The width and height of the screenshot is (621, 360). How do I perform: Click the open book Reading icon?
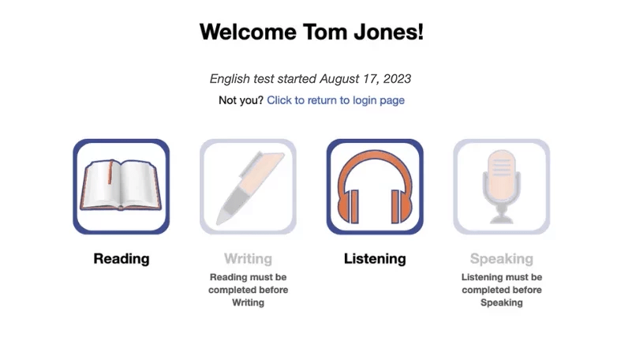pyautogui.click(x=122, y=186)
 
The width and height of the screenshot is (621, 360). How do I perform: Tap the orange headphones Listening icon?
pyautogui.click(x=375, y=186)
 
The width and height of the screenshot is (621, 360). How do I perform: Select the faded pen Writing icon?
pyautogui.click(x=248, y=186)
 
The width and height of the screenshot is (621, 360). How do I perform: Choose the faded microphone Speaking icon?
pyautogui.click(x=501, y=186)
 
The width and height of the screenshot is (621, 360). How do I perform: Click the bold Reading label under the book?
pyautogui.click(x=122, y=259)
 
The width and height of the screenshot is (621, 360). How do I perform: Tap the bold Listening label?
pyautogui.click(x=375, y=259)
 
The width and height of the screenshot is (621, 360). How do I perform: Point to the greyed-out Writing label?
pyautogui.click(x=248, y=259)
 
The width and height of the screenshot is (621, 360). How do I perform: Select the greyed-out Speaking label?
pyautogui.click(x=501, y=259)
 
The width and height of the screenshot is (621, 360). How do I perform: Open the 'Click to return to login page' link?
pyautogui.click(x=335, y=100)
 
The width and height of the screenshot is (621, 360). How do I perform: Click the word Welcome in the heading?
pyautogui.click(x=248, y=32)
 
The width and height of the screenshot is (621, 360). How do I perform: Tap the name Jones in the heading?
pyautogui.click(x=388, y=32)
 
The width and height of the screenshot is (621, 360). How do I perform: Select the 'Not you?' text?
pyautogui.click(x=241, y=100)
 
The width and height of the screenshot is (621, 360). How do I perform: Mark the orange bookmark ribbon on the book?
pyautogui.click(x=110, y=172)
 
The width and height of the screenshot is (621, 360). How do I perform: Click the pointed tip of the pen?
pyautogui.click(x=220, y=219)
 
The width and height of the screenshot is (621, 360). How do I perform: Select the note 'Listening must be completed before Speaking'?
pyautogui.click(x=501, y=290)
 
